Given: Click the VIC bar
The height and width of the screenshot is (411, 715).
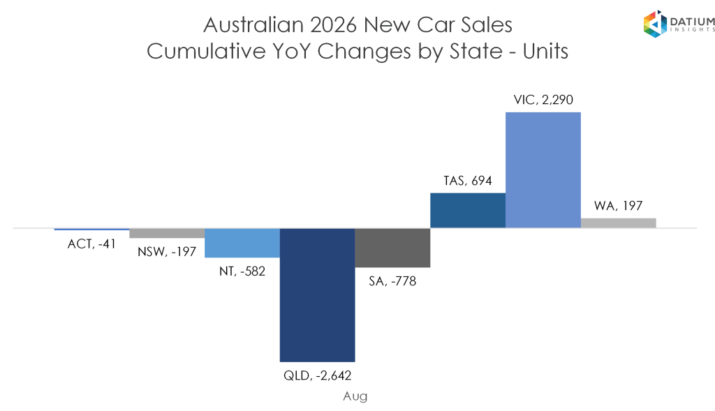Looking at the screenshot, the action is (x=543, y=170).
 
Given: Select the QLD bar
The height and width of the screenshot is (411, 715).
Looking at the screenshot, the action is (x=318, y=294).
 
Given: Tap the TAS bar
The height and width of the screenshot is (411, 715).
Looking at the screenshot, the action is (x=468, y=211).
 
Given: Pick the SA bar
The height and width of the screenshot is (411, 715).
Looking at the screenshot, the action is (x=392, y=248).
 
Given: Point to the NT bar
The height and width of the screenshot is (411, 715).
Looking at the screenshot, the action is (x=242, y=243).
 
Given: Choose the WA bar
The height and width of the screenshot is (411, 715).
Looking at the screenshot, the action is (x=619, y=223).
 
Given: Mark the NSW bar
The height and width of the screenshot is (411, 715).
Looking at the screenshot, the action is (x=167, y=233).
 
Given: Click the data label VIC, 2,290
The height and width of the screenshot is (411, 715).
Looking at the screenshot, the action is (x=543, y=100).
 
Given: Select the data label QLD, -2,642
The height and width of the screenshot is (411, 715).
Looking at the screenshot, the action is (x=318, y=375).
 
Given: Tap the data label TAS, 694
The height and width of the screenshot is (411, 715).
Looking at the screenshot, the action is (x=468, y=181).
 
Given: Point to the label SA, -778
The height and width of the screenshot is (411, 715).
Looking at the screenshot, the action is (x=392, y=281).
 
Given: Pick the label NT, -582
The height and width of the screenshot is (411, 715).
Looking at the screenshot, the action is (x=242, y=271).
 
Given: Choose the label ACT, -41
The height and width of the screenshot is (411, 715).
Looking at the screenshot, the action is (x=91, y=244).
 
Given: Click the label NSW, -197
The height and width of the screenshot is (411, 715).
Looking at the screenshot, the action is (x=167, y=251).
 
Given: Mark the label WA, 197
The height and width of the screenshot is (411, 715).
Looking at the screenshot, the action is (x=619, y=206).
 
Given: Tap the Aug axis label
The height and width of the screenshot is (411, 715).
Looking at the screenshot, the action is (x=355, y=396).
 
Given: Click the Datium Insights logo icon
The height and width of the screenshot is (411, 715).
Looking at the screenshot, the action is (x=655, y=24).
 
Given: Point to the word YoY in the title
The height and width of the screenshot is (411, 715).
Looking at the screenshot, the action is (x=292, y=51).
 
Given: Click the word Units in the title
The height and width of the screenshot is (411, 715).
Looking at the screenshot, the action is (x=545, y=51).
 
